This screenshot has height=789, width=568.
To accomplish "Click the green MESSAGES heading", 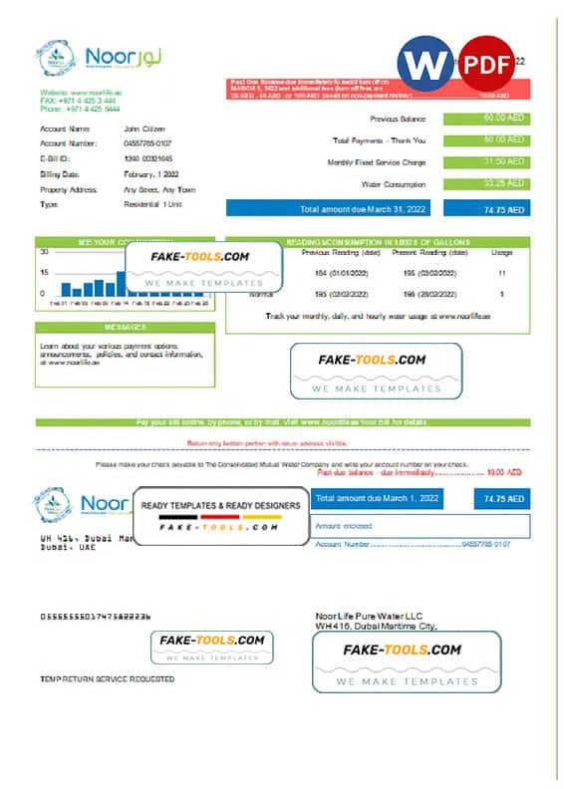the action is click(125, 327).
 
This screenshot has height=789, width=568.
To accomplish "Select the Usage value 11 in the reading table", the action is click(501, 273).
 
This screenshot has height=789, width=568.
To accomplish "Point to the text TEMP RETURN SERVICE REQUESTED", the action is click(107, 678).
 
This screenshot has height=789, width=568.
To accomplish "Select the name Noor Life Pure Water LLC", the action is click(362, 617).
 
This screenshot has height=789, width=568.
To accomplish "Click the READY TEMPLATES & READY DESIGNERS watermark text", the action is click(220, 506).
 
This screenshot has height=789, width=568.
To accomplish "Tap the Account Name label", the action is click(65, 129).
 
